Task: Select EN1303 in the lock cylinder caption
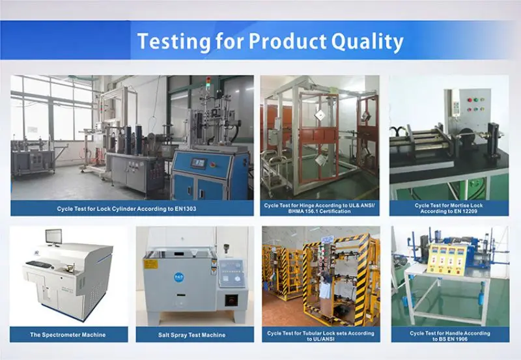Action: (182, 208)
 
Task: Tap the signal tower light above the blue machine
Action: (208, 83)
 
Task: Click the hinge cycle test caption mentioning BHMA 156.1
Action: (320, 208)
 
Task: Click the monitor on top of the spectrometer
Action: (53, 237)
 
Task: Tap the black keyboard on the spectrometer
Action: (39, 264)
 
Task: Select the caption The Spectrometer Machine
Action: (68, 335)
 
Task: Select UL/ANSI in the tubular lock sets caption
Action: (320, 339)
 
